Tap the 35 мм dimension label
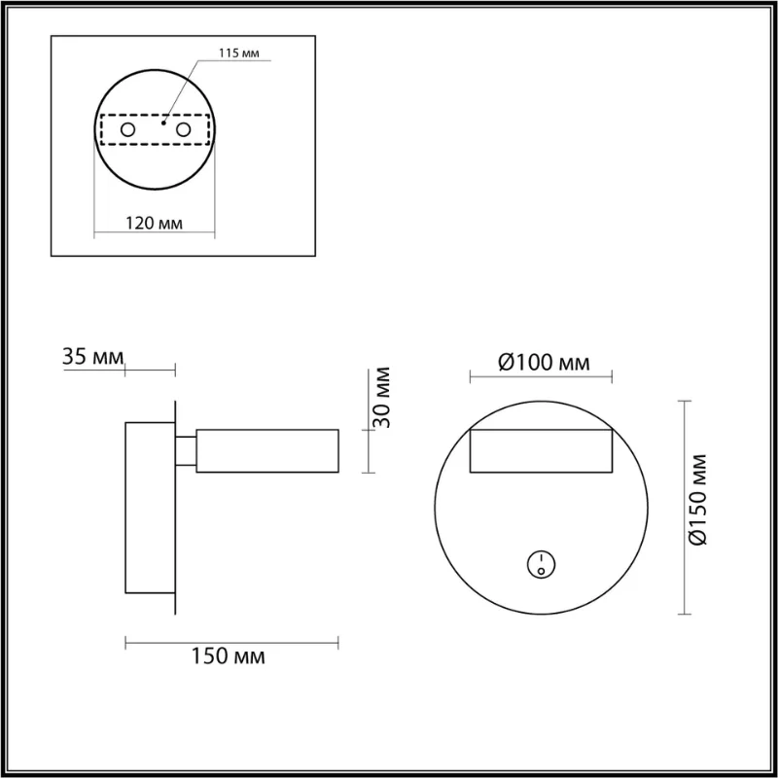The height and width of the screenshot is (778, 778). click(93, 357)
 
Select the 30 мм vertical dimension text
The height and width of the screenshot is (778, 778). click(382, 398)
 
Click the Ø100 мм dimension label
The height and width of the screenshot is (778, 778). click(543, 363)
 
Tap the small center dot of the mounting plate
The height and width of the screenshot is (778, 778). click(164, 124)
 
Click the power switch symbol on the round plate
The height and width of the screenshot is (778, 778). click(539, 562)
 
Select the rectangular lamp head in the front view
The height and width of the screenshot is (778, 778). click(541, 451)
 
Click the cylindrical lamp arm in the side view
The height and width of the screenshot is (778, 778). click(267, 451)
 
